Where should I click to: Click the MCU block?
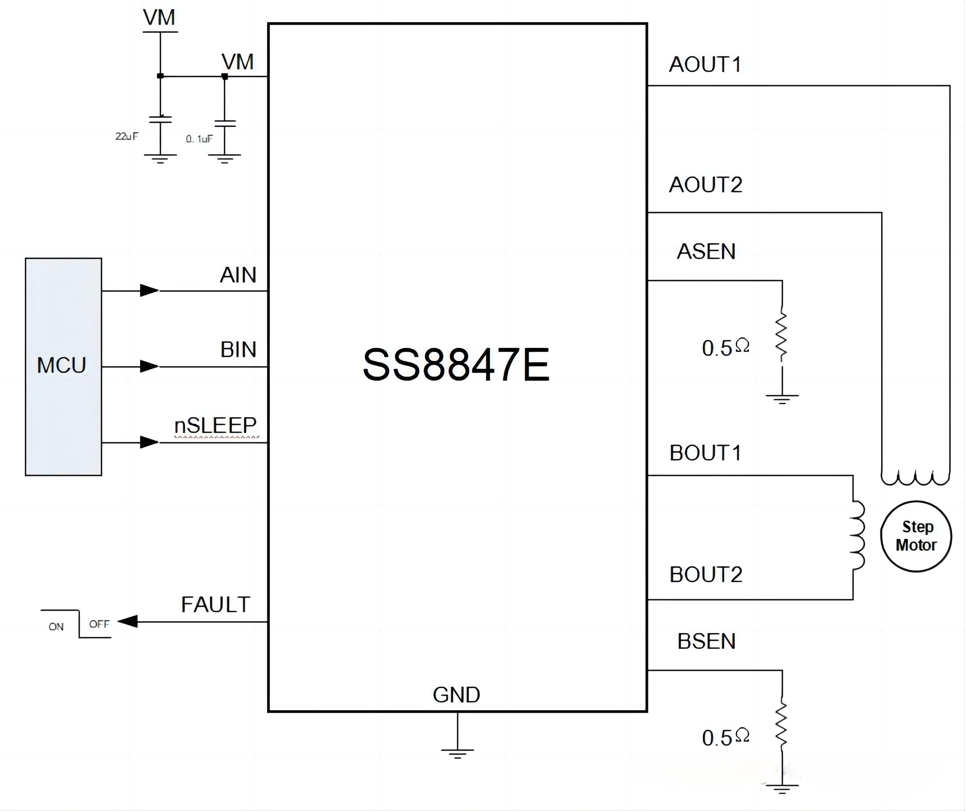(x=64, y=366)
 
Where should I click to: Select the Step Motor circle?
(x=916, y=536)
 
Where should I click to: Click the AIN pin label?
(x=238, y=275)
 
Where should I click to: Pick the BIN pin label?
(x=238, y=350)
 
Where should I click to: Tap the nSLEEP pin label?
(x=215, y=425)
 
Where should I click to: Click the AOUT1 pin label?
(x=705, y=64)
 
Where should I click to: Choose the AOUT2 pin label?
(x=705, y=185)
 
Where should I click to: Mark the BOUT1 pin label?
(x=705, y=453)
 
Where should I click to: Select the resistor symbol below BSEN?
(x=781, y=725)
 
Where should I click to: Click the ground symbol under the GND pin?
(x=457, y=752)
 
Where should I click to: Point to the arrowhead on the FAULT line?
(x=128, y=622)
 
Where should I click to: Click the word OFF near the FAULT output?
(x=99, y=624)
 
